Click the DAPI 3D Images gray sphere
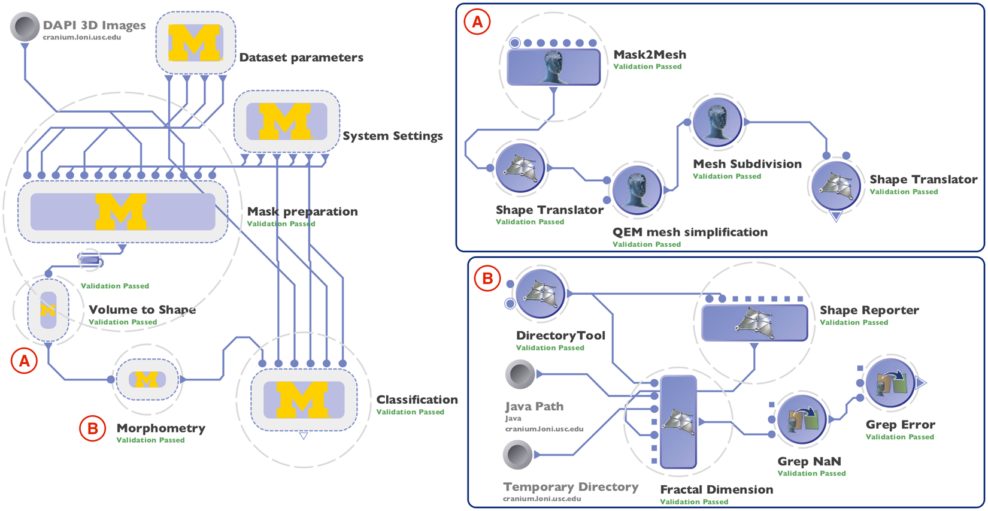coord(25,28)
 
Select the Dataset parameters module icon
coord(195,43)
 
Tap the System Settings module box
coord(286,122)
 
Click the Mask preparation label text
coord(302,211)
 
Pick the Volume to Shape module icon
coord(48,310)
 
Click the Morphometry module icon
coord(147,379)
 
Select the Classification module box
coord(304,400)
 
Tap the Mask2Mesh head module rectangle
coord(553,66)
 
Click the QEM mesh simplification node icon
coord(637,189)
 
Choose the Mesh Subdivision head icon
coord(717,122)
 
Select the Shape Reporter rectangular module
coord(754,322)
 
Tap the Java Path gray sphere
coord(520,375)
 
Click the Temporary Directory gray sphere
coord(518,455)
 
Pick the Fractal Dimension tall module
coord(678,422)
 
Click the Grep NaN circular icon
coord(802,419)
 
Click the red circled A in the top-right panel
coord(477,22)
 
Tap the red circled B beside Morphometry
coord(92,428)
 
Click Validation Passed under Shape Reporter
coord(853,323)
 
